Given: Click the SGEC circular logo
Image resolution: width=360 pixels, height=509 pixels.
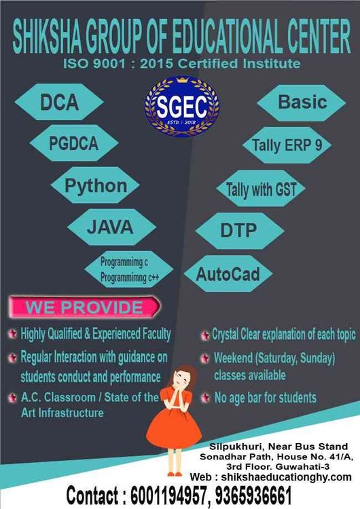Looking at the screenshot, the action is [181, 106].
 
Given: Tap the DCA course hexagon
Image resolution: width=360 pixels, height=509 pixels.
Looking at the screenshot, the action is [59, 102].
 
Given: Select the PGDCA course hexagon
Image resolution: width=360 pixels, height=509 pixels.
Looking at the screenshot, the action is [74, 143].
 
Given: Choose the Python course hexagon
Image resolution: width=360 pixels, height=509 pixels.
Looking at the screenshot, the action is [96, 185].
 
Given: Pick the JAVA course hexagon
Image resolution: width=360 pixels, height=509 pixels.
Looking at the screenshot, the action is [112, 227].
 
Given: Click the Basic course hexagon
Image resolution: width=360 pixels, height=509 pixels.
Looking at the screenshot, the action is [302, 102].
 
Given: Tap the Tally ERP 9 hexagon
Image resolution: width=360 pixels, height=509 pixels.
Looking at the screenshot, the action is [287, 145].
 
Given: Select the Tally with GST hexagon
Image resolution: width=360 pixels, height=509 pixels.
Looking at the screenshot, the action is [261, 189].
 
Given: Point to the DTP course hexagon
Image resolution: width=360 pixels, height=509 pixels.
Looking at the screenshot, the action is [240, 231].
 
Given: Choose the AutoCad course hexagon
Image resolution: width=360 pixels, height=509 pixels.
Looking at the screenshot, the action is [228, 274].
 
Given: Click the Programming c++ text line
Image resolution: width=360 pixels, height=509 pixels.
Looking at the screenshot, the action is [129, 278].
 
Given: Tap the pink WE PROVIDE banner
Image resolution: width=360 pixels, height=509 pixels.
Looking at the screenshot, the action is [85, 307].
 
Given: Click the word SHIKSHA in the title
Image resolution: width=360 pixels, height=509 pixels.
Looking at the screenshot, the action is [47, 37].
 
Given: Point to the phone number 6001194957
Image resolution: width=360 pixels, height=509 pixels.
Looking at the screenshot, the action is [168, 495].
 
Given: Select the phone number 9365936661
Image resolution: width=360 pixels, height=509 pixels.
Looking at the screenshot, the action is [253, 495].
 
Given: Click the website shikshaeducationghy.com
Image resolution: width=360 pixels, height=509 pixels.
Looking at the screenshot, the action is [286, 477].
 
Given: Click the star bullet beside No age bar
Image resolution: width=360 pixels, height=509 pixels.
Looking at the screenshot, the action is [205, 398].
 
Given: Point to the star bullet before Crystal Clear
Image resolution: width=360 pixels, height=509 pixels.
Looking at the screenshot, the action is [205, 335].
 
